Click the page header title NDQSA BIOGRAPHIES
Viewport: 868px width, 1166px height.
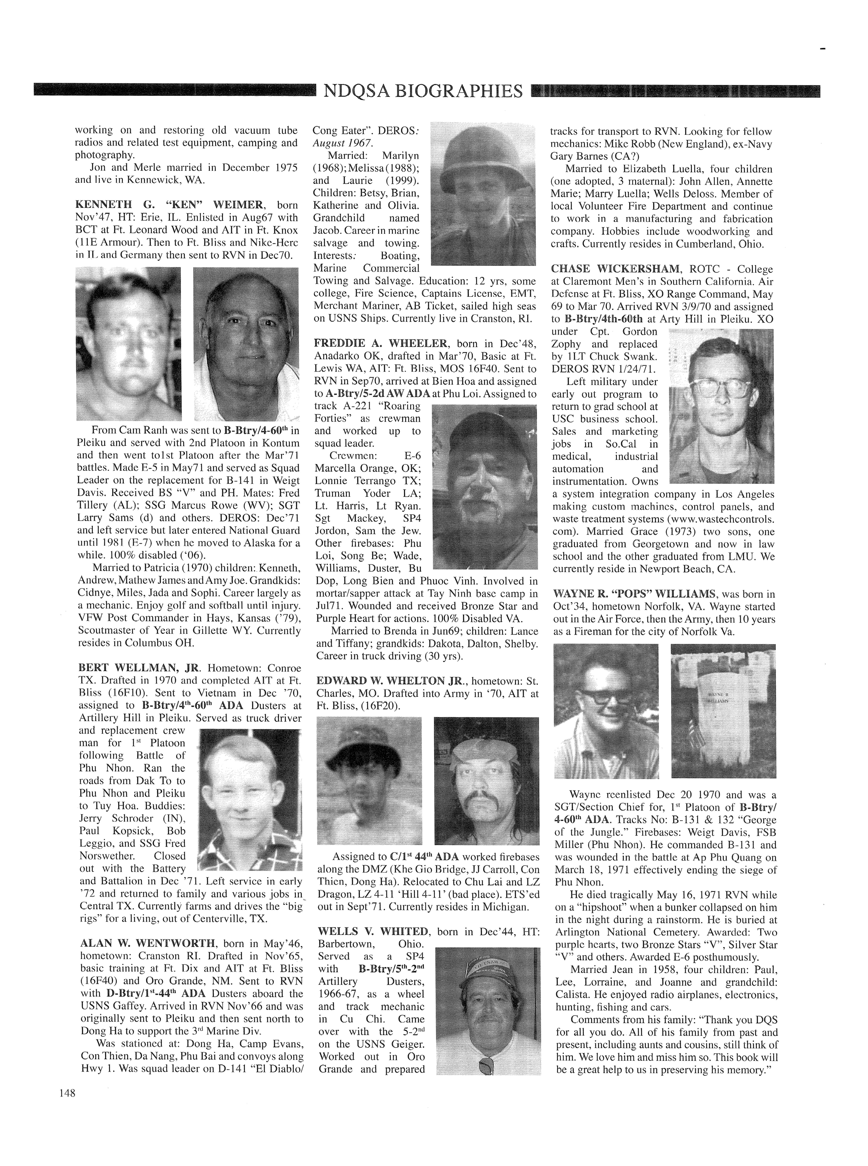tap(423, 91)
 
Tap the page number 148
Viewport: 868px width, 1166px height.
tap(67, 1093)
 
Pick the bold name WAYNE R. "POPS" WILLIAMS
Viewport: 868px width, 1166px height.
tap(634, 594)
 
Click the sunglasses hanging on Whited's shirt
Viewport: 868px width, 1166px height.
tap(486, 1065)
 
